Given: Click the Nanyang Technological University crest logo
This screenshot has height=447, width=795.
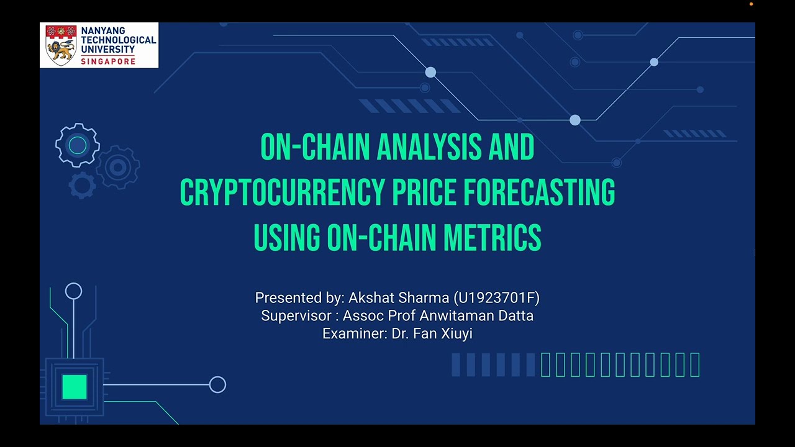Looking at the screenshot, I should pyautogui.click(x=61, y=45).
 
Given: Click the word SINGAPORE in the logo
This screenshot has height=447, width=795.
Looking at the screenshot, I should pyautogui.click(x=108, y=61).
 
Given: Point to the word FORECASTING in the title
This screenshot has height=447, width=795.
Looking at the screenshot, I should pyautogui.click(x=539, y=192).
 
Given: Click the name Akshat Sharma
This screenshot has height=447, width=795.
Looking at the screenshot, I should pyautogui.click(x=399, y=298).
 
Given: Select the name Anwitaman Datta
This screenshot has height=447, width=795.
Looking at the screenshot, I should pyautogui.click(x=476, y=315).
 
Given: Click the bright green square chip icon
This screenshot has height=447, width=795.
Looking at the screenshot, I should pyautogui.click(x=75, y=386).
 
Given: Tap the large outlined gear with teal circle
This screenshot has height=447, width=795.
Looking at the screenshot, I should pyautogui.click(x=78, y=145).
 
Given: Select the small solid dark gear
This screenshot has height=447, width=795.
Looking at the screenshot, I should pyautogui.click(x=82, y=185).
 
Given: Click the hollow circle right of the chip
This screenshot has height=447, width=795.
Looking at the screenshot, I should pyautogui.click(x=217, y=385).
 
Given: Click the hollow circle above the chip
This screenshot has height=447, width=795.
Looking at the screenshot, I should pyautogui.click(x=73, y=291).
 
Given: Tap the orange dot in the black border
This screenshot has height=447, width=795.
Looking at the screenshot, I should pyautogui.click(x=751, y=4).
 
